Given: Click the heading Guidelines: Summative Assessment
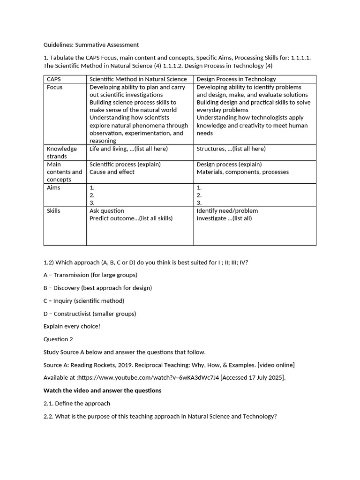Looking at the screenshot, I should coord(91,45).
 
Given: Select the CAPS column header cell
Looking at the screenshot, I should coord(54,79).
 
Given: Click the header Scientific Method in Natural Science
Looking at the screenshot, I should coord(138,79).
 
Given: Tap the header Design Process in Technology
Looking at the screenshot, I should coord(236,79).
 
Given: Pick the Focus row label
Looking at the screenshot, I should coord(54,87).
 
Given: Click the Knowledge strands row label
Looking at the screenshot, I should coord(61,152).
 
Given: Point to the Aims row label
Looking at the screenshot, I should coord(53,187).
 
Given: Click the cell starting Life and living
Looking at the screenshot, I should coord(128,149).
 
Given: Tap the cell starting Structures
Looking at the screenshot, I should coord(231,149).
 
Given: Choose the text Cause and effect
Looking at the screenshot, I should coord(112,172).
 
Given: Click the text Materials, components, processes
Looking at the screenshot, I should coord(242,172).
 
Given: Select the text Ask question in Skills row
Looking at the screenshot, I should coord(107,211).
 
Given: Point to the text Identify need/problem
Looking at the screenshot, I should coord(227,211).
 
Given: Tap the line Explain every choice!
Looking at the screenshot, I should coord(72,326).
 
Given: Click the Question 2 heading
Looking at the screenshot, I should coord(59,339).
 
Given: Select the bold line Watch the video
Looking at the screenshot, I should coord(102,390).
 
